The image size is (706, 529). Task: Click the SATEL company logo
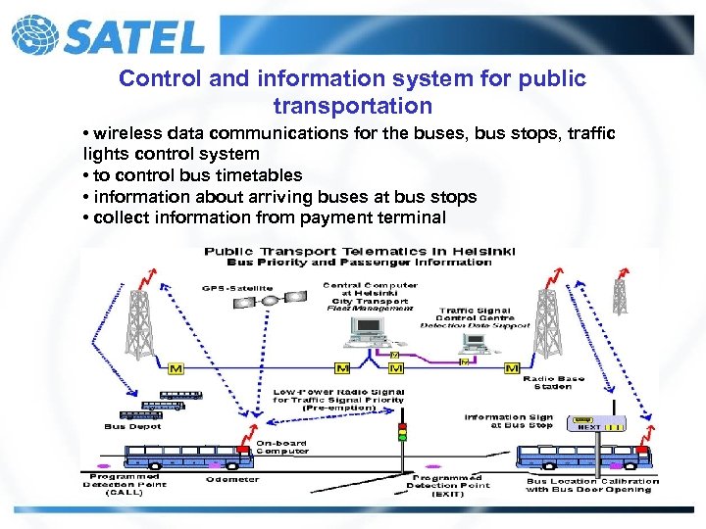click(108, 35)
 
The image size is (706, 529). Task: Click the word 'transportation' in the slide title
click(353, 105)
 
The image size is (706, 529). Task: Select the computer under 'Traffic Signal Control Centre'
click(476, 343)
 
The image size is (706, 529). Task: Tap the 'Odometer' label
click(232, 479)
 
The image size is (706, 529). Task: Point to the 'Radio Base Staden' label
click(554, 382)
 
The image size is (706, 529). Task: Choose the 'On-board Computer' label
click(281, 447)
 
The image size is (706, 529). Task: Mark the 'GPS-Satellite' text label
click(237, 288)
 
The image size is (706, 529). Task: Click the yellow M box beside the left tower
click(176, 368)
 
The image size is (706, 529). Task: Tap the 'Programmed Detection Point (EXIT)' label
click(448, 485)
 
